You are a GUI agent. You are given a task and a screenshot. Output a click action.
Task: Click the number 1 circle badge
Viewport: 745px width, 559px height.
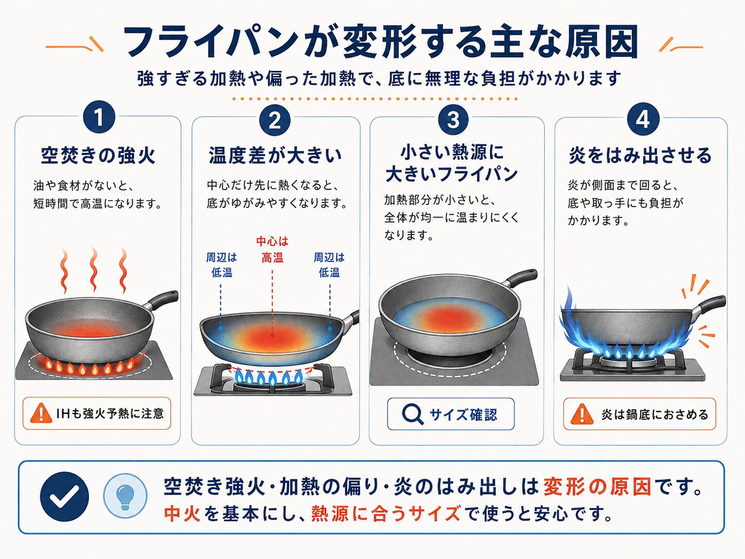(x=99, y=117)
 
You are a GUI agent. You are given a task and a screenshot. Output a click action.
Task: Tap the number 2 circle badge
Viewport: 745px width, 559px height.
(x=275, y=120)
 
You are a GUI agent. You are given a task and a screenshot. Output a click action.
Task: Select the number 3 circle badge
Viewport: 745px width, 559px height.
(x=453, y=119)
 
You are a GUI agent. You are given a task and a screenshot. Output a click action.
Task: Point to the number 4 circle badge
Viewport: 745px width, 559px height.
(x=643, y=119)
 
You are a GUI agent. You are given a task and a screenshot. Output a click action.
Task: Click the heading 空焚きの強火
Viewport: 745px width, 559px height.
(x=98, y=156)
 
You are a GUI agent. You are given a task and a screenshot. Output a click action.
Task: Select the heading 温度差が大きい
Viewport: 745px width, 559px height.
(x=275, y=156)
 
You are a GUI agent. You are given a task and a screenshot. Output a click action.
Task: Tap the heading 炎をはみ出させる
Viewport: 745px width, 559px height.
(x=640, y=156)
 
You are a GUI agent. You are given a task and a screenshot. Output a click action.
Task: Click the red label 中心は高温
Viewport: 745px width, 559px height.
(x=272, y=250)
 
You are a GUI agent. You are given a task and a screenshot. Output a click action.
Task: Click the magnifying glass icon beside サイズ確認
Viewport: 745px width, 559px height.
(x=413, y=414)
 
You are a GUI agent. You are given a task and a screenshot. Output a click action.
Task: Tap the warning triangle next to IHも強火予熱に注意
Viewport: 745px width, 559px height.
(x=41, y=413)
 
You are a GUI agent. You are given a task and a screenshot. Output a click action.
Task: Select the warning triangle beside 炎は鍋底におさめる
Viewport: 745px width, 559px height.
(x=582, y=414)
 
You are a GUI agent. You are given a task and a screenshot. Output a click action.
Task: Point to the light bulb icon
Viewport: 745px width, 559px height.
(x=125, y=496)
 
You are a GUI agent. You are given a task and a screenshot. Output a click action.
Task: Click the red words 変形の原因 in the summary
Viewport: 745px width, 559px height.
(x=597, y=487)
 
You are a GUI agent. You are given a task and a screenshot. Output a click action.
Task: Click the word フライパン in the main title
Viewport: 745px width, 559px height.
(x=210, y=42)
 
